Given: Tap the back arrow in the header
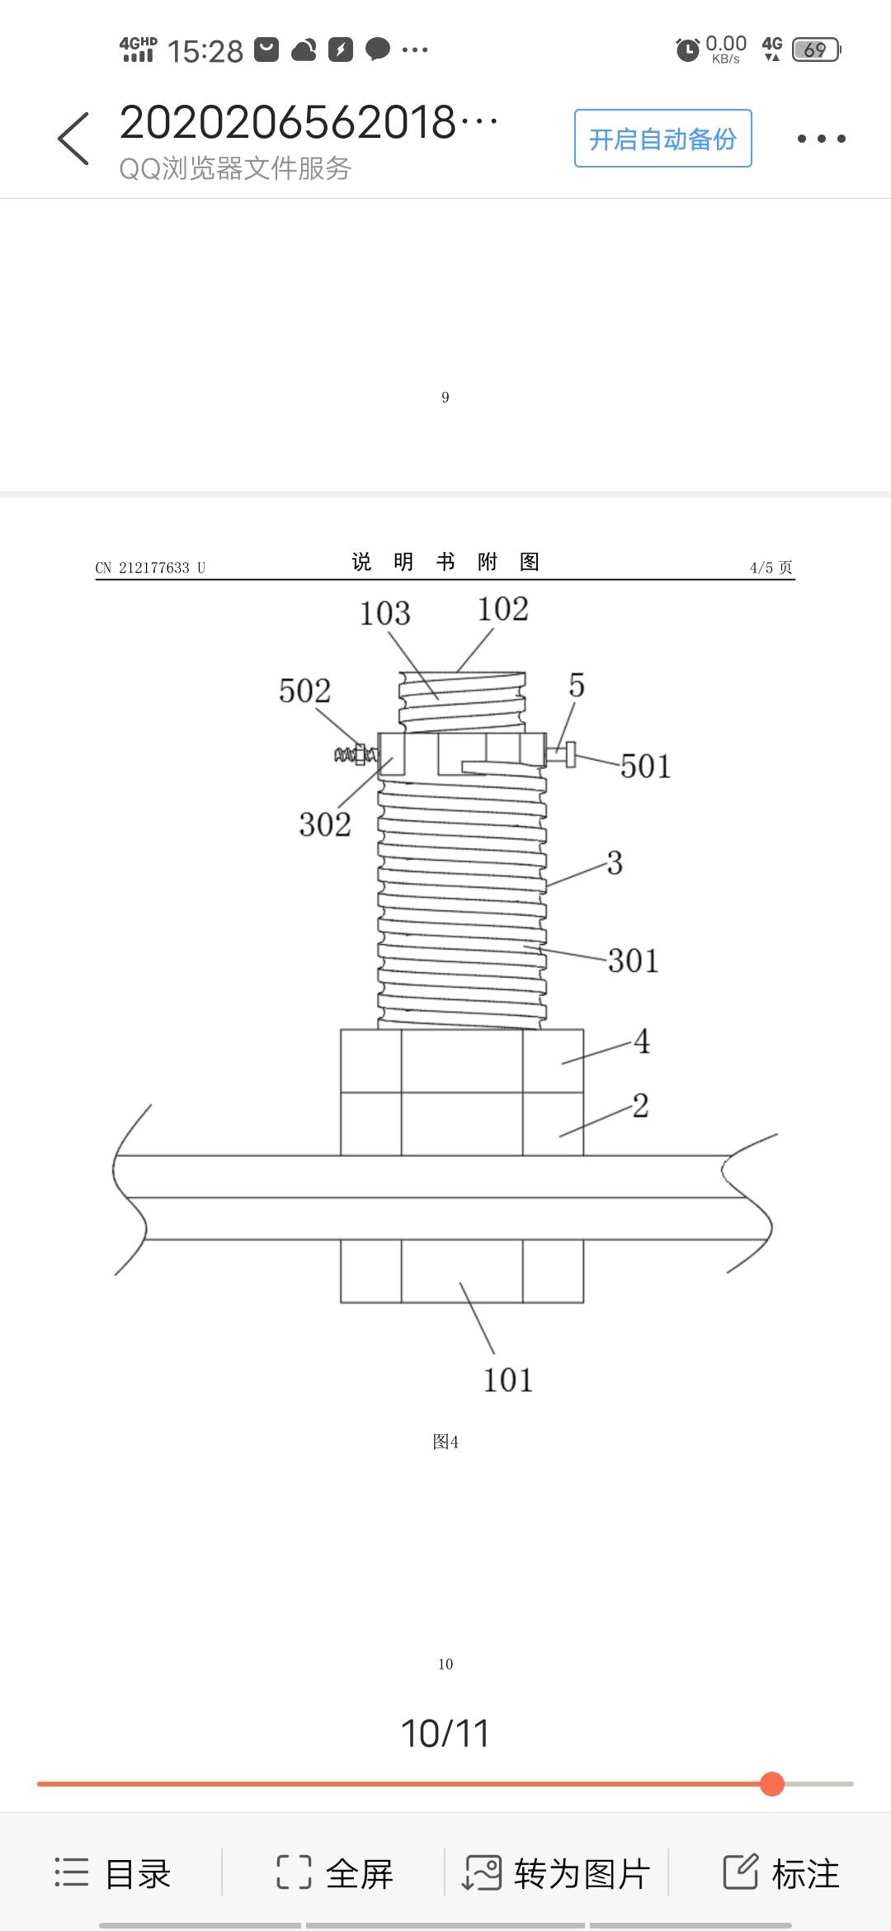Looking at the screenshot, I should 73,139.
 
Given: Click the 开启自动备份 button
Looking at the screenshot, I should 662,139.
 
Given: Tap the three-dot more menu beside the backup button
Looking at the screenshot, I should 821,139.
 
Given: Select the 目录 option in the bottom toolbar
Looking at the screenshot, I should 113,1873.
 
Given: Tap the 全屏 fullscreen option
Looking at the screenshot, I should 335,1873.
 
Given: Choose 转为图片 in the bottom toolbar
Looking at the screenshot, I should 558,1873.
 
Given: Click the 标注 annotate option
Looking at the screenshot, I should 780,1873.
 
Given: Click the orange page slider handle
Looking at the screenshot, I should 772,1783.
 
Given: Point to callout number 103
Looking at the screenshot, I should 384,614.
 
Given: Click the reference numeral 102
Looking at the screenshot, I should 502,610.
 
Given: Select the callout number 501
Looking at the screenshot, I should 645,767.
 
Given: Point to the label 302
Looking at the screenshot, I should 324,824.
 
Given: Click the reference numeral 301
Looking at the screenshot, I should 633,961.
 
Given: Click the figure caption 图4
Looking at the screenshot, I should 445,1442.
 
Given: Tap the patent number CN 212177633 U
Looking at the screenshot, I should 150,568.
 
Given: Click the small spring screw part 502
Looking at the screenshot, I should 356,754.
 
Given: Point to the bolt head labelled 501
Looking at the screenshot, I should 569,753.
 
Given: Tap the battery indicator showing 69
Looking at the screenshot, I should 815,50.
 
